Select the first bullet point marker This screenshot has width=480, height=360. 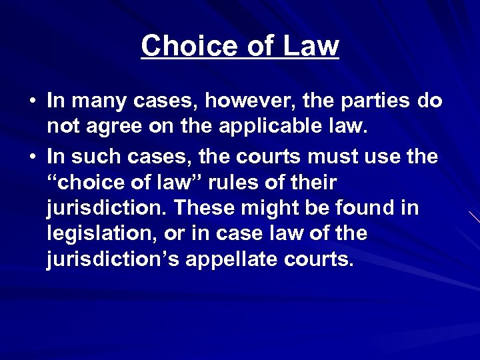coord(32,101)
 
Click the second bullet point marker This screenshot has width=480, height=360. coord(32,158)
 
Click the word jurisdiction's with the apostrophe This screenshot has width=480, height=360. coord(113,259)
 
